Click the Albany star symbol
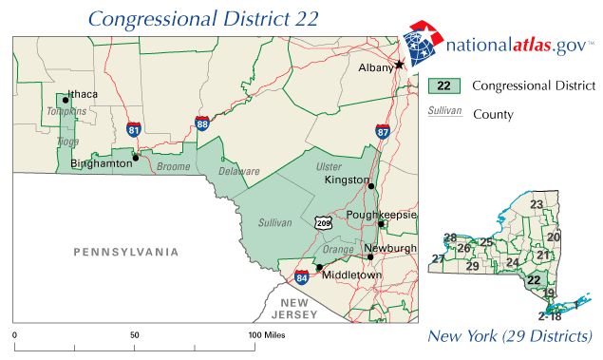click(400, 64)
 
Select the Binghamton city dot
click(136, 158)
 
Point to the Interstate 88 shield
click(202, 123)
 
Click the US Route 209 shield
click(324, 221)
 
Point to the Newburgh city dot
click(369, 257)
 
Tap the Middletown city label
click(351, 275)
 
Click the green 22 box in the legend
click(443, 85)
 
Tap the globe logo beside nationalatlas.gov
click(423, 43)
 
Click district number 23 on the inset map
click(537, 205)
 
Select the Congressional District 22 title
click(203, 18)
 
